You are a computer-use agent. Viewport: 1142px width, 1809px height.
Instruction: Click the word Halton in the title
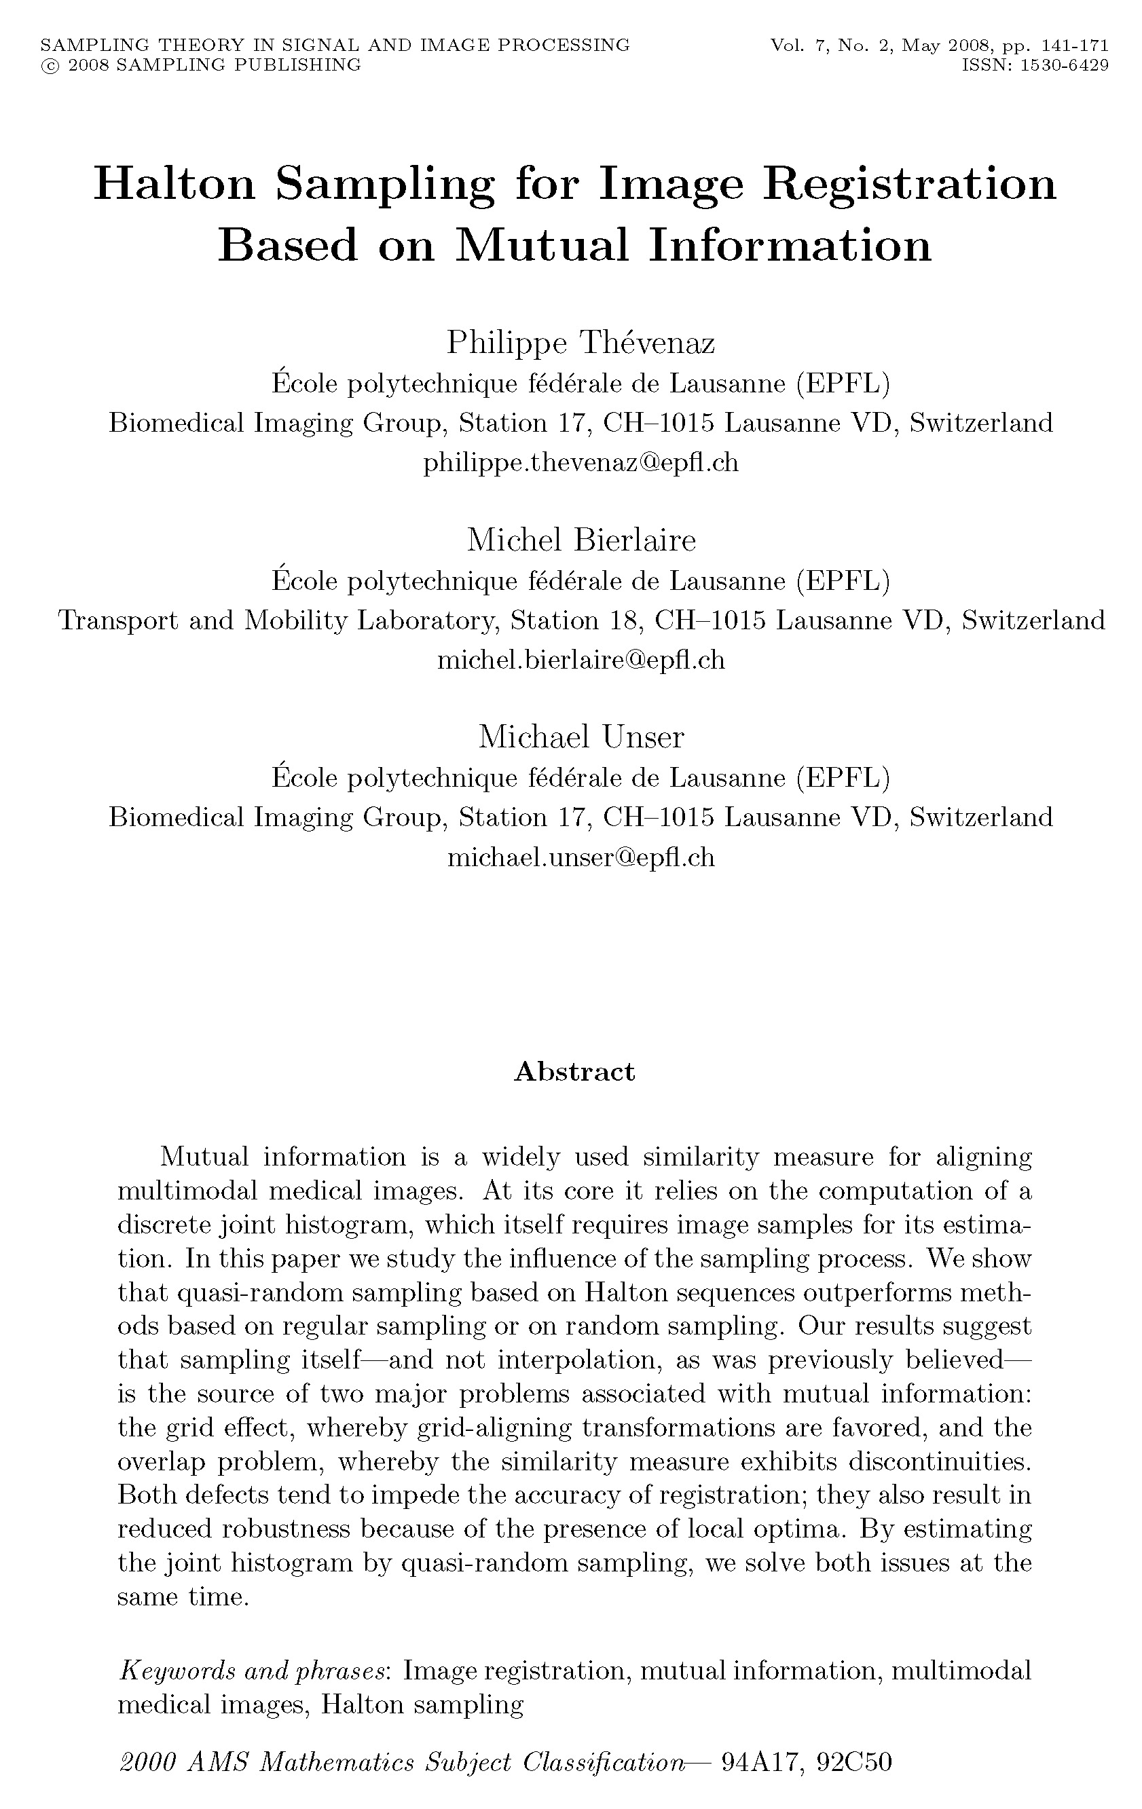174,184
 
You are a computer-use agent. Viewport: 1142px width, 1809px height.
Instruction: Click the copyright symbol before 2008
50,66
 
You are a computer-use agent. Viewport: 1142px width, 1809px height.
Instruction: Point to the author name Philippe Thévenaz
580,343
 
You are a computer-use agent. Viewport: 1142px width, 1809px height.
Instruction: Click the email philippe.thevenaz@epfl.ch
580,462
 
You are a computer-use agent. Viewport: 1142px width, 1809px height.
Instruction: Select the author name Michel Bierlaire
581,540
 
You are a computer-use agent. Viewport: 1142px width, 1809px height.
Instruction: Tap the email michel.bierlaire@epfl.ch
581,660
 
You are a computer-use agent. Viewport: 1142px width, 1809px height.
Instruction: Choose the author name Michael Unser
581,737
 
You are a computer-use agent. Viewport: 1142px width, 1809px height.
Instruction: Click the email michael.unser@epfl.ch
581,857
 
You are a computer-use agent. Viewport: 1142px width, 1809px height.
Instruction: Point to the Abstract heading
574,1071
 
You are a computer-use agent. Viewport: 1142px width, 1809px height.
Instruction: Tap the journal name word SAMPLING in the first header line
77,45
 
